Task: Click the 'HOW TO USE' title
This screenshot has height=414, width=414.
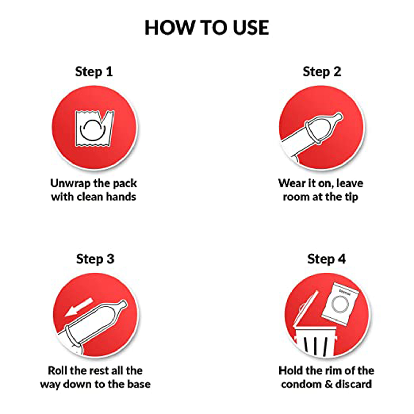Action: click(x=207, y=28)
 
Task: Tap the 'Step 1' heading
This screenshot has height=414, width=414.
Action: click(x=94, y=71)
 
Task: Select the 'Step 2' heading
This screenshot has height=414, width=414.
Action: click(x=322, y=71)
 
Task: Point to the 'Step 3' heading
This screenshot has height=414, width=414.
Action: click(x=95, y=259)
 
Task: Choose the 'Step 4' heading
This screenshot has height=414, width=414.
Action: click(x=326, y=259)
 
